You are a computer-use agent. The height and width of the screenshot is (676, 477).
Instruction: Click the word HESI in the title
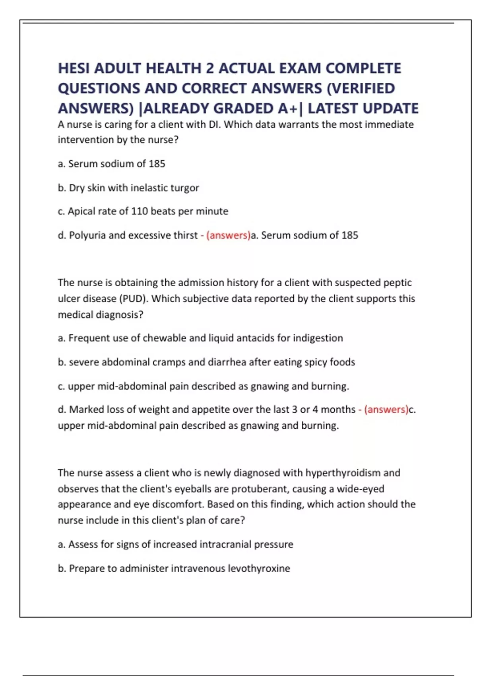[x=74, y=68]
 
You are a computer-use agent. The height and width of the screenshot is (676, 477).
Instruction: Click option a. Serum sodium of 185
[x=111, y=164]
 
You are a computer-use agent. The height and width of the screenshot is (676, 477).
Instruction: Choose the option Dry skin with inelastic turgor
[x=134, y=188]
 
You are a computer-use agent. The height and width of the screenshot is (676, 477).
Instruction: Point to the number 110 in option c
[x=140, y=211]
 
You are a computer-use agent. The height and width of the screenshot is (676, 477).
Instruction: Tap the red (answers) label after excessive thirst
[x=228, y=235]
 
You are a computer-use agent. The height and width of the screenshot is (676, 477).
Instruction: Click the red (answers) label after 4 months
[x=386, y=409]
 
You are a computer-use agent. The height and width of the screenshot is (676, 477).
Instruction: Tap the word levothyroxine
[x=259, y=568]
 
